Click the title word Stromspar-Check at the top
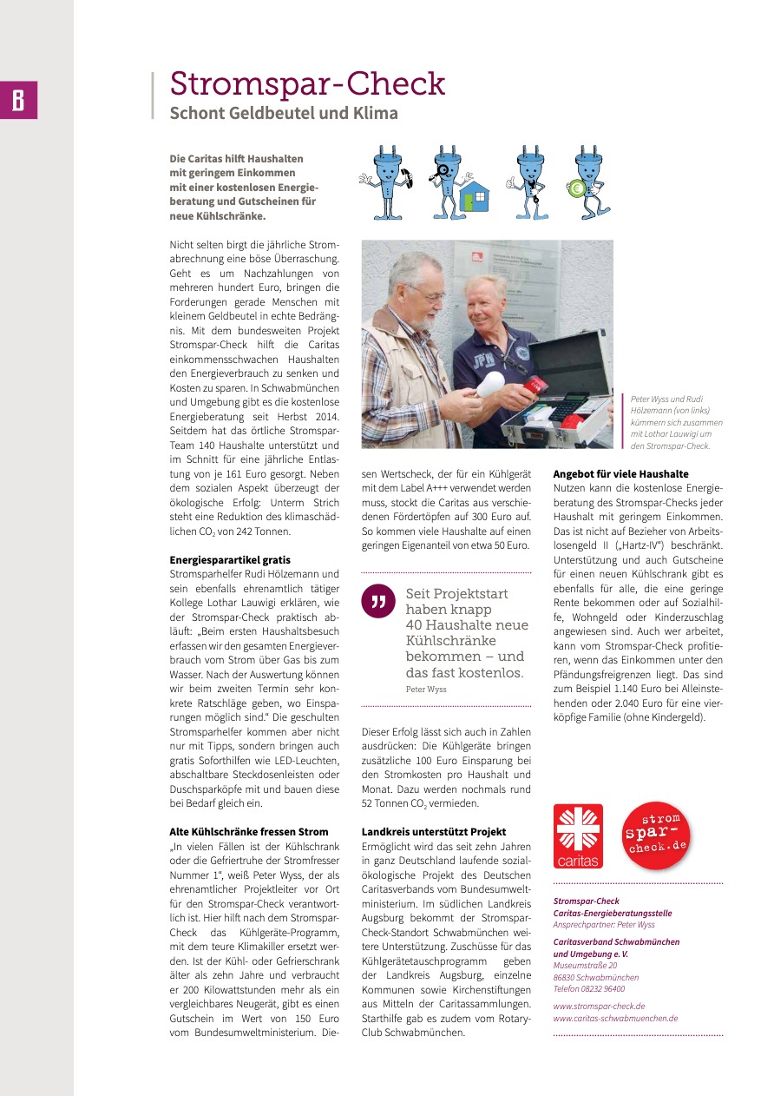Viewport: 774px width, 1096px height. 307,84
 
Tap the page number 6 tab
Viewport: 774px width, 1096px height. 18,101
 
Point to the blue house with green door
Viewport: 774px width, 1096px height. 474,197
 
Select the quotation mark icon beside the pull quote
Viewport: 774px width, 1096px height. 377,601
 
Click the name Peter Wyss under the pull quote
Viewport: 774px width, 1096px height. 426,689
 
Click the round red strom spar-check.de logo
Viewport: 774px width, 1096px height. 657,835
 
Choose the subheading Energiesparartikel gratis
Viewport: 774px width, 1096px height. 230,560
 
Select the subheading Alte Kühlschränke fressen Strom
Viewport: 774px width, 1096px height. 249,831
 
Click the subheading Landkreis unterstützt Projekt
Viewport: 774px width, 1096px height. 434,831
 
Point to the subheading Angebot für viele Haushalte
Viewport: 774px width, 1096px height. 620,474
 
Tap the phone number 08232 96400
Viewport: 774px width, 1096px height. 604,988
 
